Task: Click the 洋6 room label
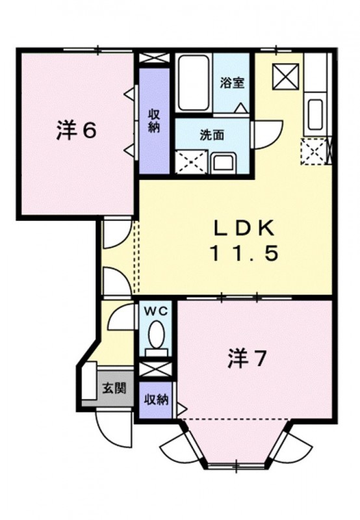76,131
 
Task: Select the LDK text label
246,228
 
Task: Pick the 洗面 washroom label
211,135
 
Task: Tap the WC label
157,311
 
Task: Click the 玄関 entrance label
109,389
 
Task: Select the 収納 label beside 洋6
155,120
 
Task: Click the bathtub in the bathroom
194,83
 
